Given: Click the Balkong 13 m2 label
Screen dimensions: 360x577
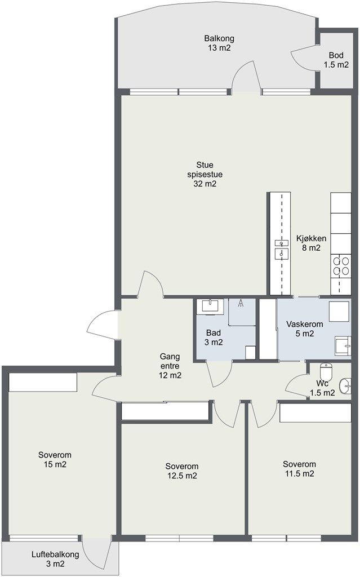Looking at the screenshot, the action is [219, 43].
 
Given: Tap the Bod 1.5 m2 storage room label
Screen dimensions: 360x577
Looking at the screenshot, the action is [336, 60].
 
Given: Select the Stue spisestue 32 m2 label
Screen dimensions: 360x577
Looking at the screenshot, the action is [205, 175].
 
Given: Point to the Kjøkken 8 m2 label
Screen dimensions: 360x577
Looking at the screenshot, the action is [311, 243].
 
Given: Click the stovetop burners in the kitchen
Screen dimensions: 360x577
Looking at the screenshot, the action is [341, 266].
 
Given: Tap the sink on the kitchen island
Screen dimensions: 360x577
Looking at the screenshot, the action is [282, 248].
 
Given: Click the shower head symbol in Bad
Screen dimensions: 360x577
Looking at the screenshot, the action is [241, 303].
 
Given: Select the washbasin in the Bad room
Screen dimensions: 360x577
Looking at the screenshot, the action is [210, 306].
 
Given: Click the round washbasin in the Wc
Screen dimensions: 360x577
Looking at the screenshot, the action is [345, 387].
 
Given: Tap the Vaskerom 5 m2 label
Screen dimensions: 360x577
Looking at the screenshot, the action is [305, 329].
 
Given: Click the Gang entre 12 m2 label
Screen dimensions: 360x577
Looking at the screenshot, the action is [170, 366].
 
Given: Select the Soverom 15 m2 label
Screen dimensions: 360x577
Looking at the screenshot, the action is [55, 460].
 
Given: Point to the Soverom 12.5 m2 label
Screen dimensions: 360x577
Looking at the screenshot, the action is [182, 471].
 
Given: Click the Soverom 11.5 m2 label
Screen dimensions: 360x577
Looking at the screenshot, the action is [299, 469].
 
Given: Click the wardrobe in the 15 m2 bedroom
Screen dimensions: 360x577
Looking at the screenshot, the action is [43, 383].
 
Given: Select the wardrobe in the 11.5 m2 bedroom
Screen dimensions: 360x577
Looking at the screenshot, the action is [315, 412].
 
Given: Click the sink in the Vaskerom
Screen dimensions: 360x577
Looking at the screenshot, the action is [343, 346].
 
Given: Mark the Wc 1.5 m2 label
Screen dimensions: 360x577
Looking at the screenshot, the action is [322, 388].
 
